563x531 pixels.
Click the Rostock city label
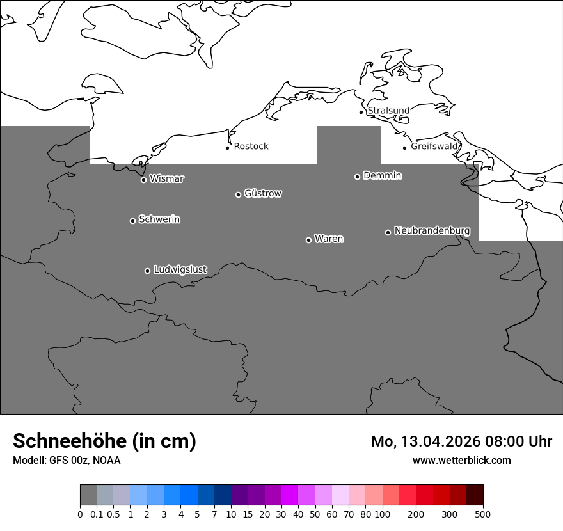(x=251, y=147)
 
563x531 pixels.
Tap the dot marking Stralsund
(x=361, y=112)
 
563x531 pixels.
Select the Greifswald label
(x=435, y=147)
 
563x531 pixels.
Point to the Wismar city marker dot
(x=143, y=180)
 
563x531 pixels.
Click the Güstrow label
(x=263, y=193)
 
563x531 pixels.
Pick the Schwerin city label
(x=159, y=219)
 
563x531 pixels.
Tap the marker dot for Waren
(x=308, y=240)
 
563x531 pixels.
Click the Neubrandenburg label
(x=432, y=230)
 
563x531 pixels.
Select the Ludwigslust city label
(x=180, y=269)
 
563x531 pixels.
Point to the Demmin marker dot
(x=357, y=177)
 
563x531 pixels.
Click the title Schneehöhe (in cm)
(x=104, y=441)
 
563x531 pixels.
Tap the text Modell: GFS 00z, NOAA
(x=67, y=460)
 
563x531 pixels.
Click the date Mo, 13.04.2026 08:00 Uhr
(x=461, y=441)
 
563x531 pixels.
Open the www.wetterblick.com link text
(x=461, y=460)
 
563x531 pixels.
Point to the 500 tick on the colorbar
(x=483, y=514)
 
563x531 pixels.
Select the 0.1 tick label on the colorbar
(x=97, y=514)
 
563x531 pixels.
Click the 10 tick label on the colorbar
(x=231, y=514)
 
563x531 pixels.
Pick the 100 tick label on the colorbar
(x=382, y=514)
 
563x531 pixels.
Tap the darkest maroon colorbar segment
(x=475, y=495)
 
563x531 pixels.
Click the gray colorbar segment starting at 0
(x=88, y=495)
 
